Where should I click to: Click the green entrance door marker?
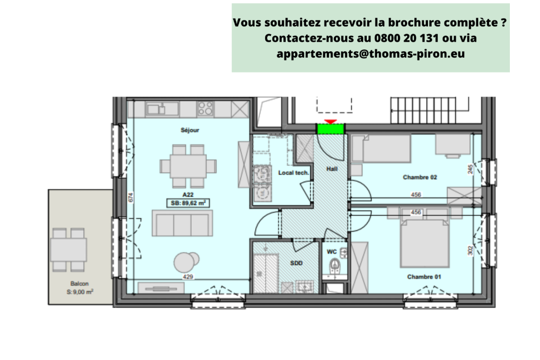(331, 129)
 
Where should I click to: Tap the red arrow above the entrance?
(331, 121)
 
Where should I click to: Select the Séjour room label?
(190, 130)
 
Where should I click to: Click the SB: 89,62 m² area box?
(189, 203)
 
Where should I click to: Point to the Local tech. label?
(293, 173)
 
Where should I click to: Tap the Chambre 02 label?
(419, 177)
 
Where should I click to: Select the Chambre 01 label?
(424, 277)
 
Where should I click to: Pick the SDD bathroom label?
(296, 264)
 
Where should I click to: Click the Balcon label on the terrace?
(79, 283)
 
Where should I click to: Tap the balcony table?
(68, 250)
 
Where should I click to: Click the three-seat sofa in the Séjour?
(182, 223)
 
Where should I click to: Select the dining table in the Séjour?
(188, 166)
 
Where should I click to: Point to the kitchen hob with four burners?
(206, 108)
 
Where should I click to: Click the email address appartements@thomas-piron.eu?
(370, 54)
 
